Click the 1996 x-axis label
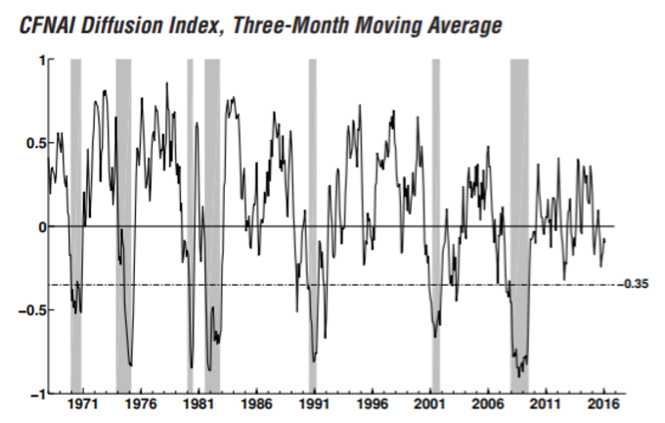(x=371, y=403)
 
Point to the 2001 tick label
(x=429, y=403)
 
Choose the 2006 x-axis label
(x=487, y=403)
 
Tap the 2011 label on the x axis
(x=545, y=403)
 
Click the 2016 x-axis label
(x=602, y=403)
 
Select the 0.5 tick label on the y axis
(x=35, y=143)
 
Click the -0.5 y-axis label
(x=32, y=310)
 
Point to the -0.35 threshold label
(x=635, y=285)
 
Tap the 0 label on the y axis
(x=41, y=227)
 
